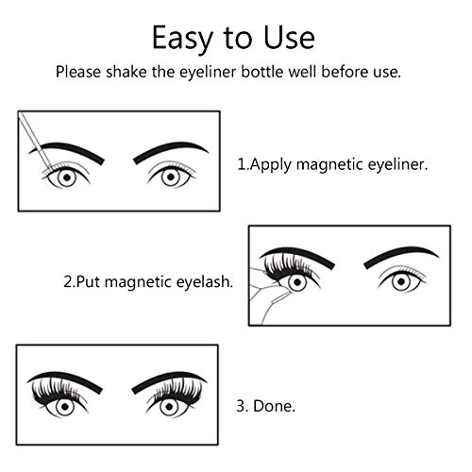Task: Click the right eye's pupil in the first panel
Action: click(x=171, y=176)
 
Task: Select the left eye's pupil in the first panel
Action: click(x=66, y=177)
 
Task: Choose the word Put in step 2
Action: click(x=94, y=281)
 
